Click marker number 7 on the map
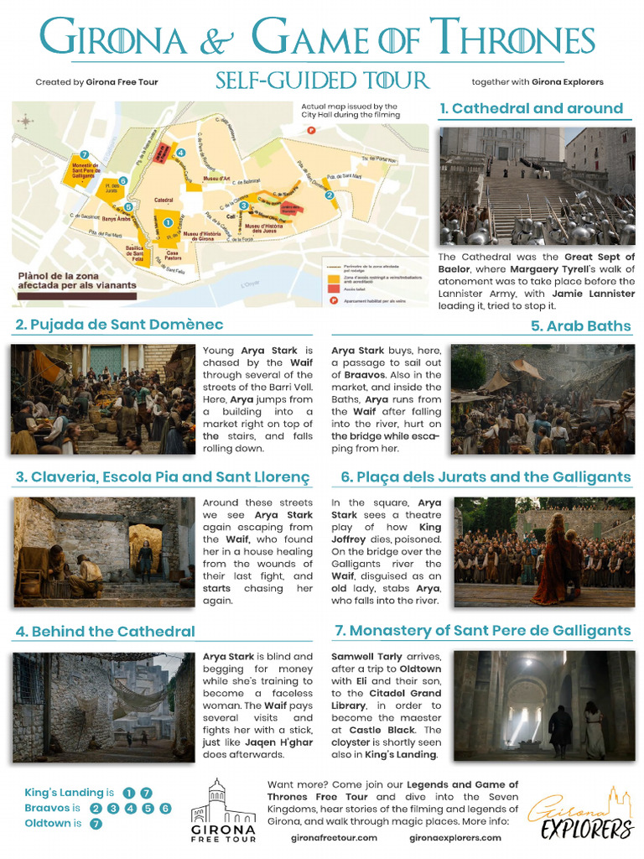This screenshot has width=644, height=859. (x=84, y=154)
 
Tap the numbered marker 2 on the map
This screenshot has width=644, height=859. (x=330, y=195)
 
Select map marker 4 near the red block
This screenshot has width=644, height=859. (x=180, y=153)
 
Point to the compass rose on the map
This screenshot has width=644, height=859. (x=26, y=121)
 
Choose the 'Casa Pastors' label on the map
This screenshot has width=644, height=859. (x=173, y=255)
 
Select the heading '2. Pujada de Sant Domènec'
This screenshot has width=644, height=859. (x=119, y=325)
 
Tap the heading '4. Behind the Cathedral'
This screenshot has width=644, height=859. (x=105, y=631)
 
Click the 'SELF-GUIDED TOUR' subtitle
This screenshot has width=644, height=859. (x=322, y=81)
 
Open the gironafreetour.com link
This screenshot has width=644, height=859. (x=334, y=837)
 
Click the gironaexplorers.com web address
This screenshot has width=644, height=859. (x=455, y=837)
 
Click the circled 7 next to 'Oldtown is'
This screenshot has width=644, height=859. (x=96, y=824)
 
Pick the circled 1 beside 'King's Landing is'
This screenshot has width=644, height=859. (x=128, y=793)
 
